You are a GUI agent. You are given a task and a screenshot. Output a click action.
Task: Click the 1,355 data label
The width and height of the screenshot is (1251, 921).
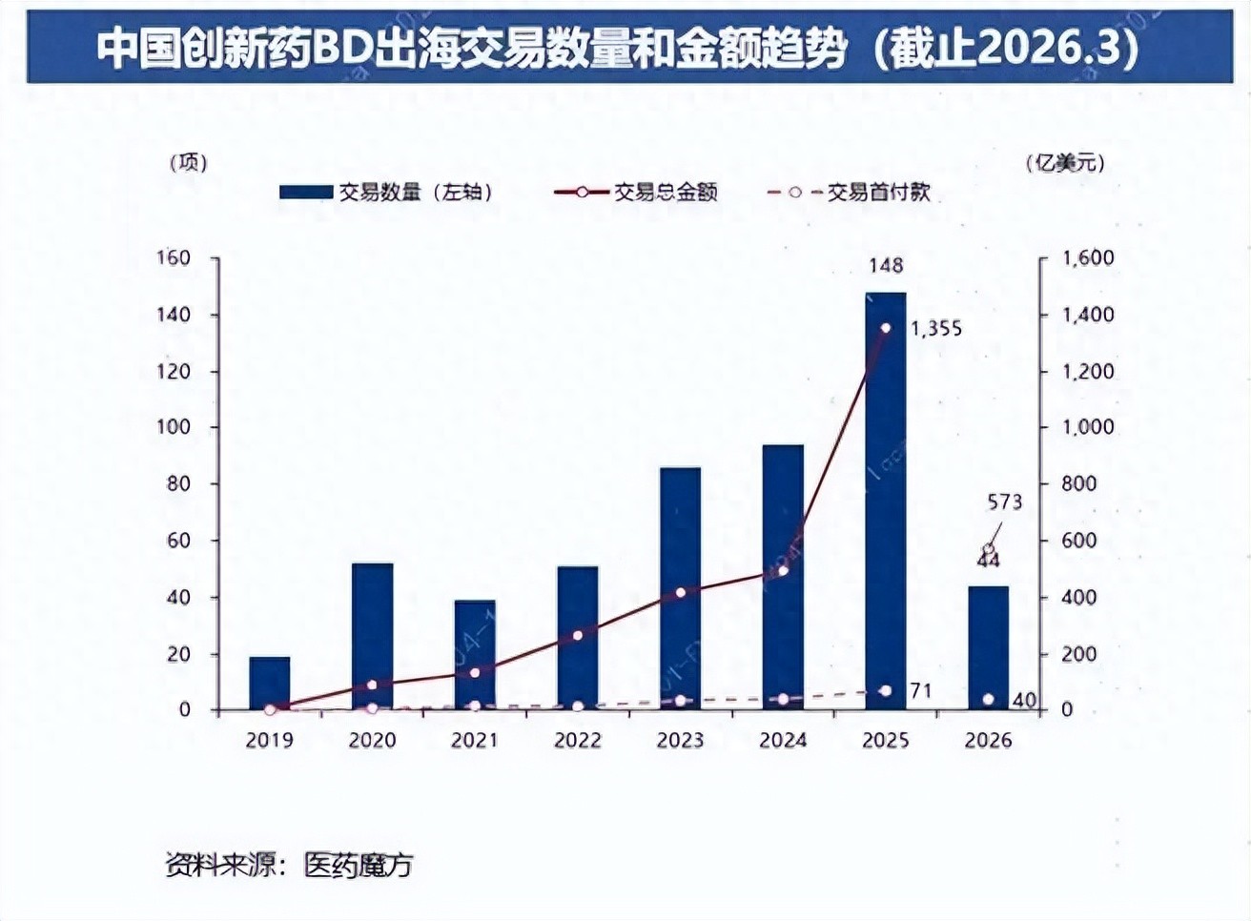[936, 329]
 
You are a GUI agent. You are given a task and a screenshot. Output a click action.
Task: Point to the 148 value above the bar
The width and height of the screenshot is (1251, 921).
[886, 266]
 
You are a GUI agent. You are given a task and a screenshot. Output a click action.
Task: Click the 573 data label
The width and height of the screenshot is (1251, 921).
[1005, 501]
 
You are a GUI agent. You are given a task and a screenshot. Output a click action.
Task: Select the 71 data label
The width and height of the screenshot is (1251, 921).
[920, 690]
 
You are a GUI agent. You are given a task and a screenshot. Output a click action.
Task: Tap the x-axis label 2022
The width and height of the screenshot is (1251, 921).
[577, 740]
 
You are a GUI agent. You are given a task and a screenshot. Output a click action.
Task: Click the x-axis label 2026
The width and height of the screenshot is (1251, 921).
[988, 740]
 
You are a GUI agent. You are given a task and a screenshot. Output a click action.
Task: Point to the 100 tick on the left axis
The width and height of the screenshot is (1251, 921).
[174, 427]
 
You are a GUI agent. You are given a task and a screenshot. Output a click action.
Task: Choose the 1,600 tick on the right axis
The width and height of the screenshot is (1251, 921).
[1088, 258]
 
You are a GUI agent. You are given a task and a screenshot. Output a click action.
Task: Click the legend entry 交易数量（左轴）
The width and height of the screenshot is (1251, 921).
[386, 193]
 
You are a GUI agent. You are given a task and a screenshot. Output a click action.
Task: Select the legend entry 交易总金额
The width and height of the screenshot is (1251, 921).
[636, 193]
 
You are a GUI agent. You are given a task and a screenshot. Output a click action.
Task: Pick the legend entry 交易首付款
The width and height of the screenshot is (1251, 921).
[849, 193]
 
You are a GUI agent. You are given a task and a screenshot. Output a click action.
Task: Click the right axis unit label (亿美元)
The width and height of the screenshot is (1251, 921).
[1066, 163]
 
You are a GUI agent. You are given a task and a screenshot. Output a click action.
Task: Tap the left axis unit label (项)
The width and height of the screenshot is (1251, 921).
[188, 163]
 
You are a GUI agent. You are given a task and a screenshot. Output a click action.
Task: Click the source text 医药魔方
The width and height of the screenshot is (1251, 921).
[359, 865]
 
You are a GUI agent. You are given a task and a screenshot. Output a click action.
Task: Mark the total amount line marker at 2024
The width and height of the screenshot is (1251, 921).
[783, 570]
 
